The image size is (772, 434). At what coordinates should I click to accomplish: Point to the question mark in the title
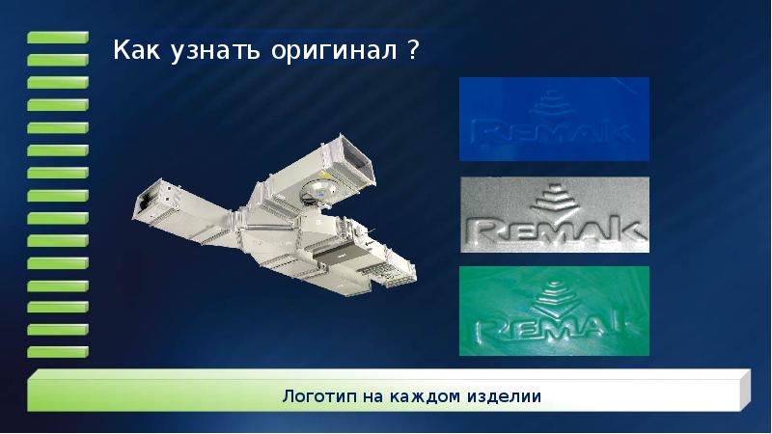pos(413,49)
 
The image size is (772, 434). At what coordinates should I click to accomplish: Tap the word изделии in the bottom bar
pos(501,396)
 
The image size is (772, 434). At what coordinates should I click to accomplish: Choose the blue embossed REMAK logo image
pos(553,119)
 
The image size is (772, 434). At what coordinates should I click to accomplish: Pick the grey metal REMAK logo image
pos(553,213)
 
